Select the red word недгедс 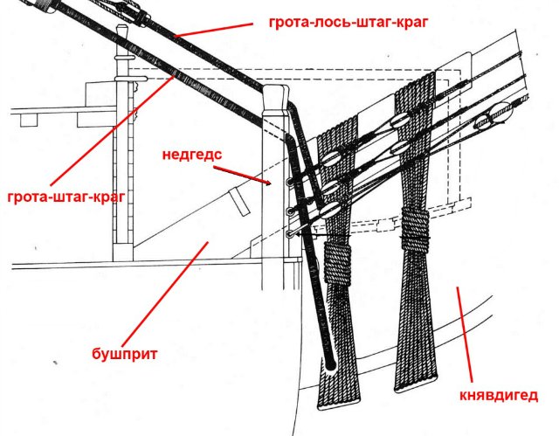[191, 155]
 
